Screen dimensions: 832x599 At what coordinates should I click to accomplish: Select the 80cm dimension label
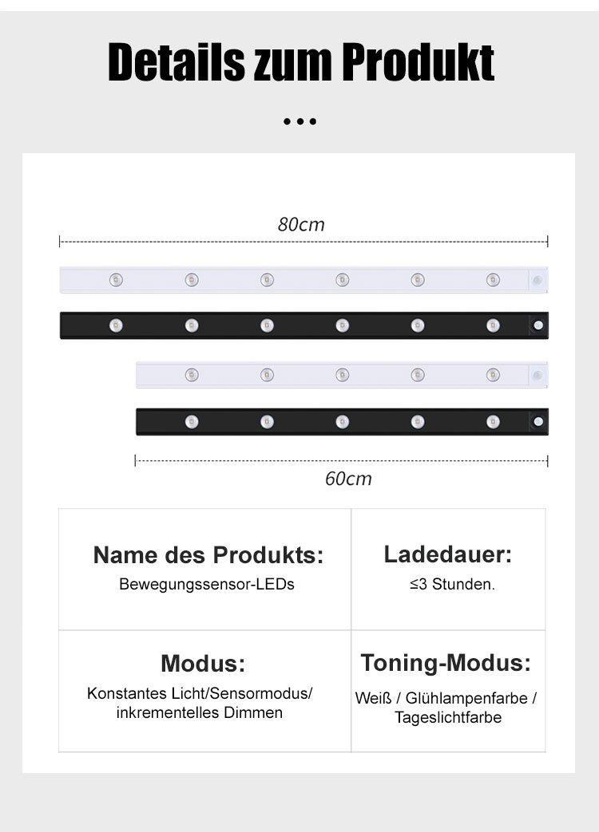tap(301, 225)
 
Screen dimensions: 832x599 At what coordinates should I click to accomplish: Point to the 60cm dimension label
tap(348, 479)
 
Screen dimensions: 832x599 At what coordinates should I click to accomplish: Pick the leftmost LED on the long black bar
tap(116, 325)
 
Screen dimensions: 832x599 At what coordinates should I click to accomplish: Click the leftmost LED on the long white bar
tap(116, 280)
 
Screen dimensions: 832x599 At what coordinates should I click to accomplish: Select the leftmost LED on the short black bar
tap(192, 421)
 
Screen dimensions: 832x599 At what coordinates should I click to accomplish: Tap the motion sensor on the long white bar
tap(538, 280)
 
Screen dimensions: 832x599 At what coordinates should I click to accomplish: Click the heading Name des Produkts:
tap(208, 555)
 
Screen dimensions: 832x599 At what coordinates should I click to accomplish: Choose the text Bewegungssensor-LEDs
tap(207, 584)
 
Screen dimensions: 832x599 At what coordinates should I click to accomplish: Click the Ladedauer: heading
tap(448, 554)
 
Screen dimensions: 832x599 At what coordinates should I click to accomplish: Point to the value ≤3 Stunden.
tap(452, 585)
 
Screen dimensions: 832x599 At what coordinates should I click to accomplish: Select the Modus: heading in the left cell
tap(203, 663)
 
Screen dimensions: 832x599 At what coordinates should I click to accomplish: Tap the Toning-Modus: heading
tap(446, 662)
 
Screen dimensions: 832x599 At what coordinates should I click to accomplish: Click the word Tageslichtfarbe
tap(448, 717)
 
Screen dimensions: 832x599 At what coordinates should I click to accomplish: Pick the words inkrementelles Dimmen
tap(200, 712)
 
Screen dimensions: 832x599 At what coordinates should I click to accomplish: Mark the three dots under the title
tap(300, 122)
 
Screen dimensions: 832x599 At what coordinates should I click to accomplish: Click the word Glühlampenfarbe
tap(466, 698)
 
